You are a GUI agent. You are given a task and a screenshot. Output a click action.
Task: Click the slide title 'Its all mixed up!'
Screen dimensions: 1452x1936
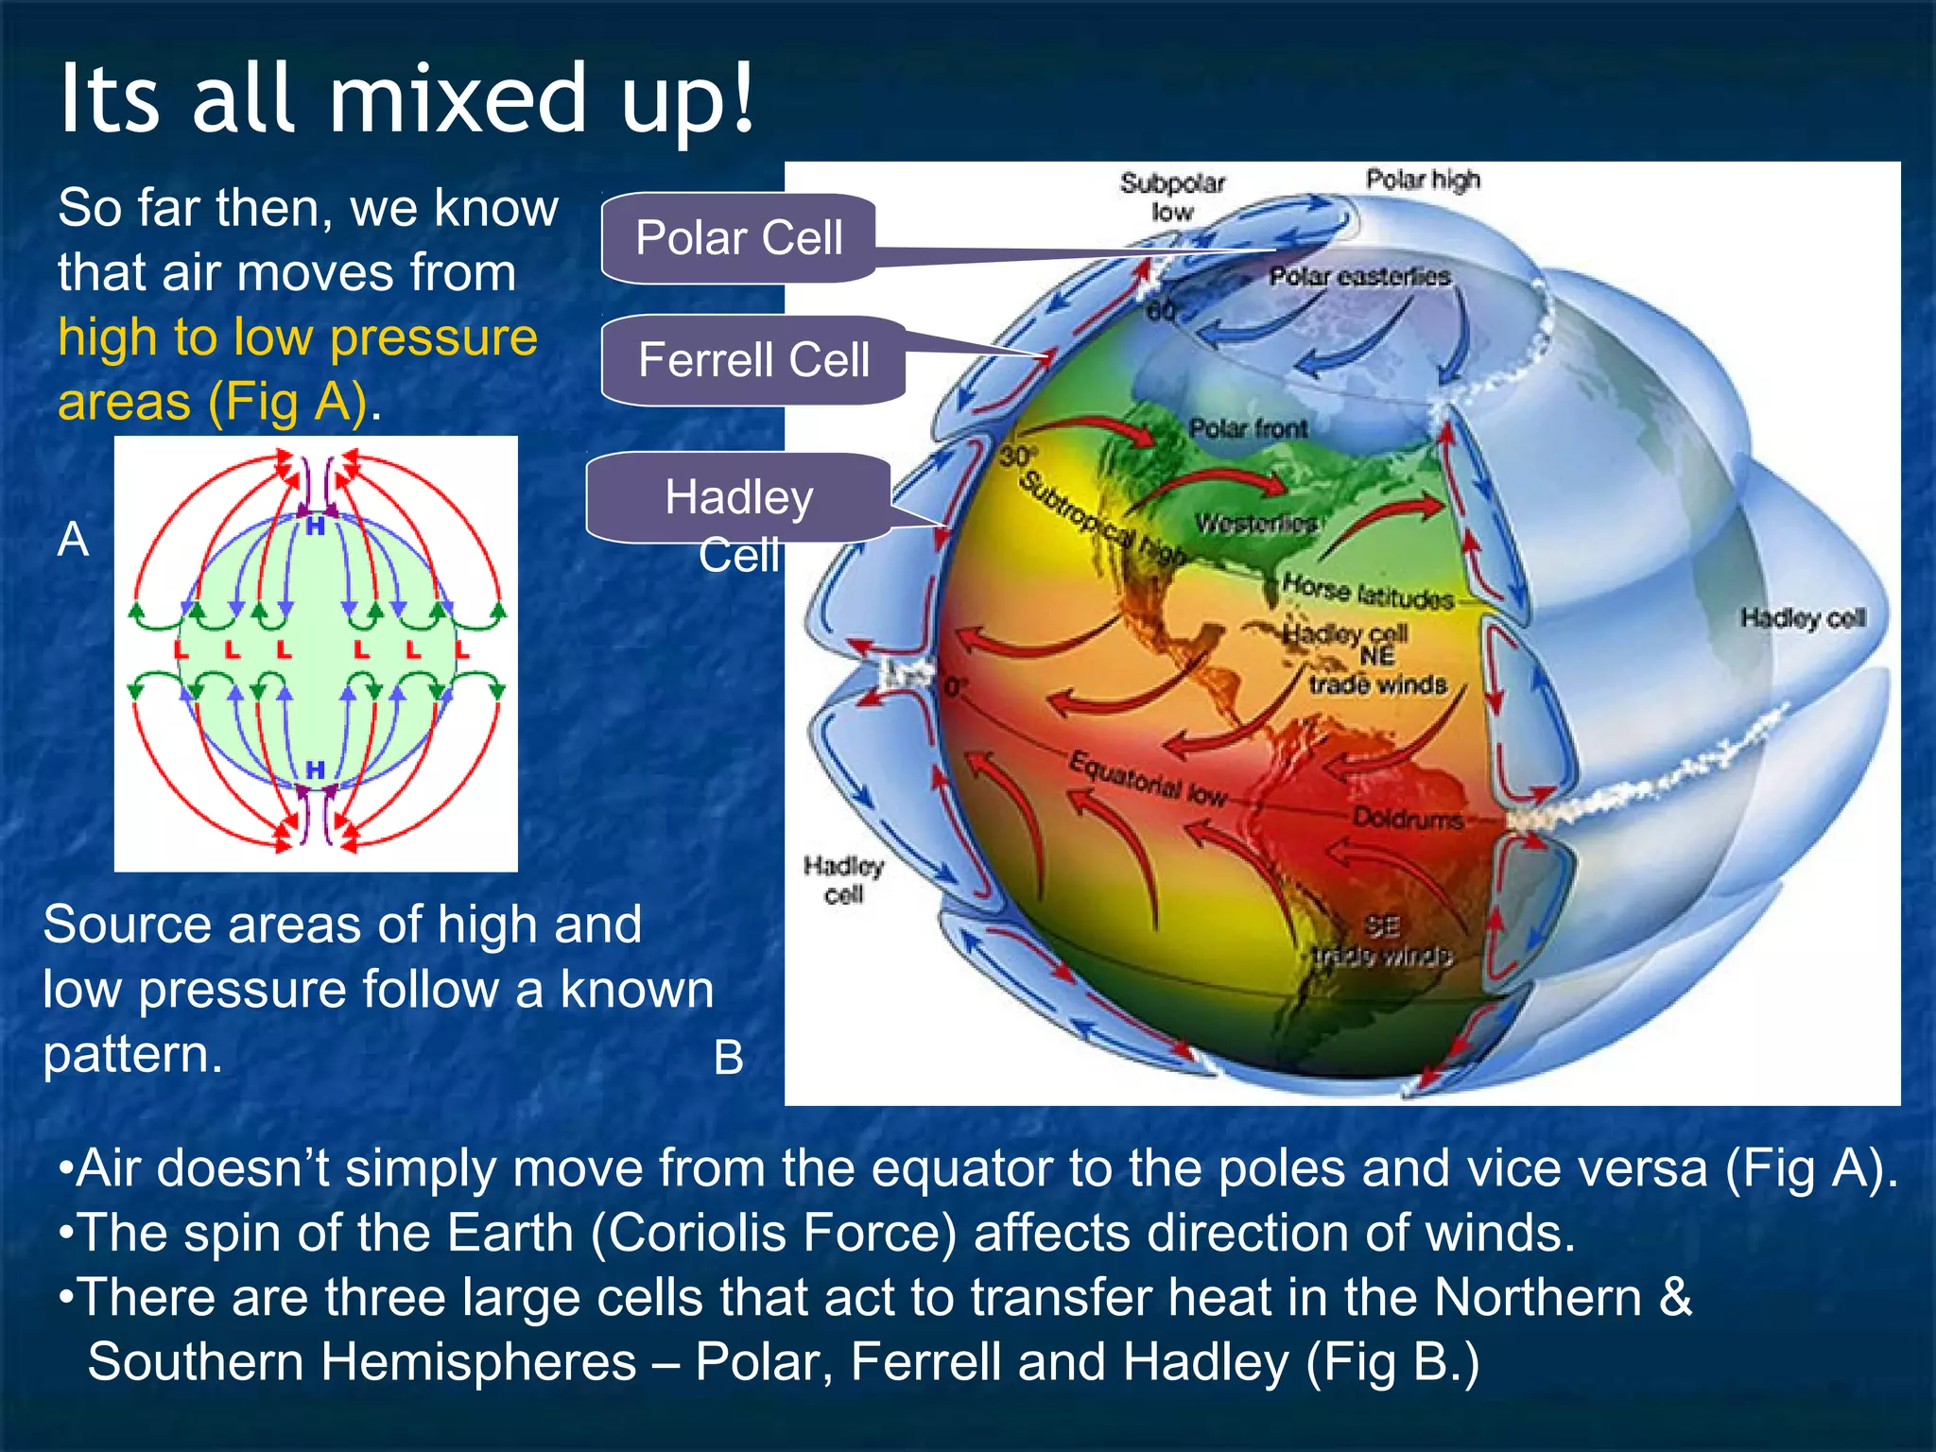(x=406, y=98)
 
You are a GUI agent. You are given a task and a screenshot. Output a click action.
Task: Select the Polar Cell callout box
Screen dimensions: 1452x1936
(x=738, y=237)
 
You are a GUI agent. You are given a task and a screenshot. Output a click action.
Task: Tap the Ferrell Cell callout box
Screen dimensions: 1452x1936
(x=753, y=360)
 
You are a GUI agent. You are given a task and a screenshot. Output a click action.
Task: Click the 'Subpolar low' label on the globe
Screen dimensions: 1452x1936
(x=1172, y=197)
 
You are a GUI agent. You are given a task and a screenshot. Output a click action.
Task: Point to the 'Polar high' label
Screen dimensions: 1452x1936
(x=1423, y=180)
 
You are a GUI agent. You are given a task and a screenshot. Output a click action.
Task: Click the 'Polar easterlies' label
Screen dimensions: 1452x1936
(x=1358, y=276)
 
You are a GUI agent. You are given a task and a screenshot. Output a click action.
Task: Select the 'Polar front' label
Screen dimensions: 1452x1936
(x=1248, y=428)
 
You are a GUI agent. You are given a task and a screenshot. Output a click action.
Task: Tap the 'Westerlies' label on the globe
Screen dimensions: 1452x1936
(x=1255, y=523)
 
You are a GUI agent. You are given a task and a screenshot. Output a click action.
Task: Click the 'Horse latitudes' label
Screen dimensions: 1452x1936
(x=1368, y=592)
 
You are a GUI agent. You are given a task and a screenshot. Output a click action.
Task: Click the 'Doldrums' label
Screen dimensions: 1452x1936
(x=1408, y=818)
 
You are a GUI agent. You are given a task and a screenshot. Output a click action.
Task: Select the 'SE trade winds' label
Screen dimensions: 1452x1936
(x=1382, y=942)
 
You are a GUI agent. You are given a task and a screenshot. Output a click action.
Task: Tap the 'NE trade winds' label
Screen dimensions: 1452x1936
(x=1377, y=670)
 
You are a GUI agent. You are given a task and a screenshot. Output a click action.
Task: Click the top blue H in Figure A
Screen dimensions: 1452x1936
(x=316, y=527)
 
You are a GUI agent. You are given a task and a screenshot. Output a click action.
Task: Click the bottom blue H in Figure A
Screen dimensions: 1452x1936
(x=316, y=770)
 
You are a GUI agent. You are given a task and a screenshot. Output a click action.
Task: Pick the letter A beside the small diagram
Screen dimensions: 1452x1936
(x=74, y=540)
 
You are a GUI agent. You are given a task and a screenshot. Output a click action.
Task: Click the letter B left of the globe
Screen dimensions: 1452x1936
(x=728, y=1057)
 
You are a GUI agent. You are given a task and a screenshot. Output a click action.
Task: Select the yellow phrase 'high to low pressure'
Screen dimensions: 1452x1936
(x=298, y=337)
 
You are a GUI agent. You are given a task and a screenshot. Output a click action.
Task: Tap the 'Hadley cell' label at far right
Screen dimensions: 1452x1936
(x=1803, y=618)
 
